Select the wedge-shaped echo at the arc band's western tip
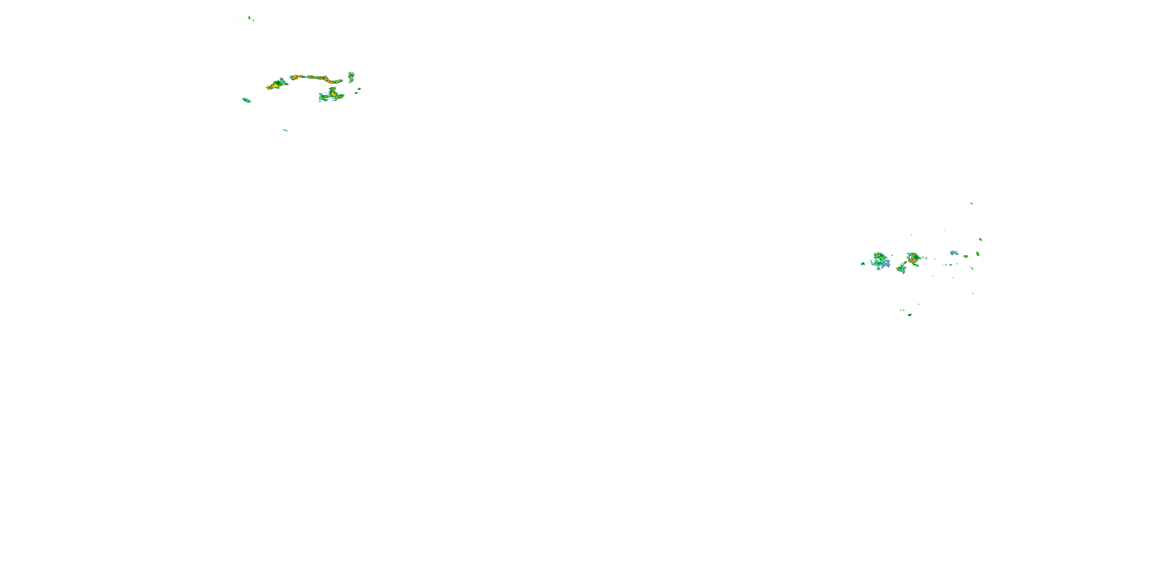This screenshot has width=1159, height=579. [277, 84]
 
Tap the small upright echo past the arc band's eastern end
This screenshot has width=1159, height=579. [351, 76]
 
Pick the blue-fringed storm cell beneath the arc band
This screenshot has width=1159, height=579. [332, 95]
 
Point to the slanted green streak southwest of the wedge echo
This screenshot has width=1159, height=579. [246, 100]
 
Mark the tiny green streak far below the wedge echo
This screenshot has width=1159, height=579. [285, 130]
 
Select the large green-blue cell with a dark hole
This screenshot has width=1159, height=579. [880, 261]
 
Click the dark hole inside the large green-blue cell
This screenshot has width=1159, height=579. [879, 260]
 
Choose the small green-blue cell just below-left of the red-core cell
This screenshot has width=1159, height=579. [901, 269]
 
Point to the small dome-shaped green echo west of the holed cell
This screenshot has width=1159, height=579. [863, 263]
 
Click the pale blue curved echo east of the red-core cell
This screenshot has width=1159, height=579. [954, 253]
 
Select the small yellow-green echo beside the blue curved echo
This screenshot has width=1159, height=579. [965, 256]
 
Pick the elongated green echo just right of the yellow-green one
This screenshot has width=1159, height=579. [978, 254]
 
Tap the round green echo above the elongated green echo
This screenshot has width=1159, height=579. [981, 240]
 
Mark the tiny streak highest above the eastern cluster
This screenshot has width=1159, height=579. [971, 203]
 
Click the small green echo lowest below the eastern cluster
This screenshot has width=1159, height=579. [910, 315]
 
